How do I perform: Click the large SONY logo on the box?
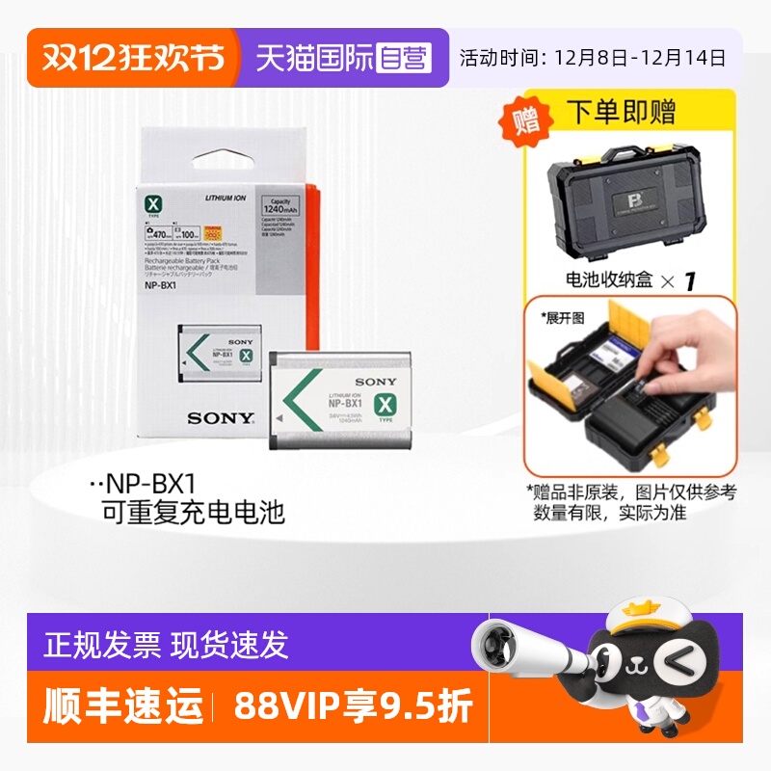(x=221, y=418)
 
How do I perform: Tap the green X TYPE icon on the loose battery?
(x=385, y=410)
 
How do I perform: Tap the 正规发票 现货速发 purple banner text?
(x=163, y=645)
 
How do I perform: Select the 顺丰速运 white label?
(x=123, y=707)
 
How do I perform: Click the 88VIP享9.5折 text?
(x=354, y=707)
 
